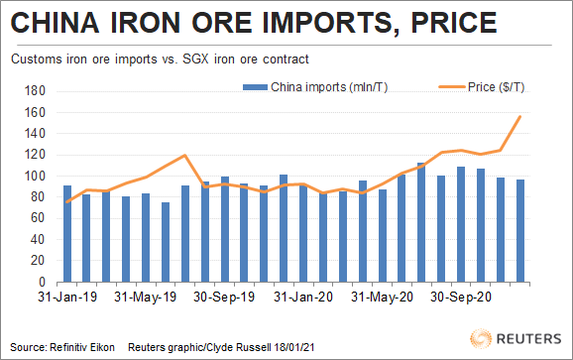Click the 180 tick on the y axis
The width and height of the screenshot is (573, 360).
pyautogui.click(x=35, y=90)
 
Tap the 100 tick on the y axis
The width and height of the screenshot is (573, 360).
pyautogui.click(x=35, y=176)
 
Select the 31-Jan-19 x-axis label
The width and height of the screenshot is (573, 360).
pyautogui.click(x=66, y=296)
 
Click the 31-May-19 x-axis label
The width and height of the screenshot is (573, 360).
pyautogui.click(x=146, y=296)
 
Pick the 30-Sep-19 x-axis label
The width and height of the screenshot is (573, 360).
pyautogui.click(x=224, y=296)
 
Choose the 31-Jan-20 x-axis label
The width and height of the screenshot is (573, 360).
pyautogui.click(x=302, y=296)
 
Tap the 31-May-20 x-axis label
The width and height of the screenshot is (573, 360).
pyautogui.click(x=382, y=296)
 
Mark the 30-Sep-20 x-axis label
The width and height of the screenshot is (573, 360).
pyautogui.click(x=460, y=296)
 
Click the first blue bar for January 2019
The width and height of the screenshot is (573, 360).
pyautogui.click(x=67, y=233)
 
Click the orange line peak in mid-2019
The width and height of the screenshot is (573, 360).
pyautogui.click(x=185, y=155)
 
